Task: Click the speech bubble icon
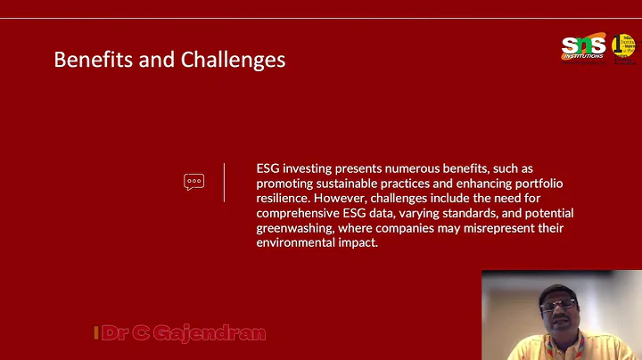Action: (x=193, y=182)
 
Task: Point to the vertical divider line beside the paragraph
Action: (x=224, y=182)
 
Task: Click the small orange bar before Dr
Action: (x=95, y=334)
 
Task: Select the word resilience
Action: (x=284, y=198)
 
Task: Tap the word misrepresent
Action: (x=482, y=228)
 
